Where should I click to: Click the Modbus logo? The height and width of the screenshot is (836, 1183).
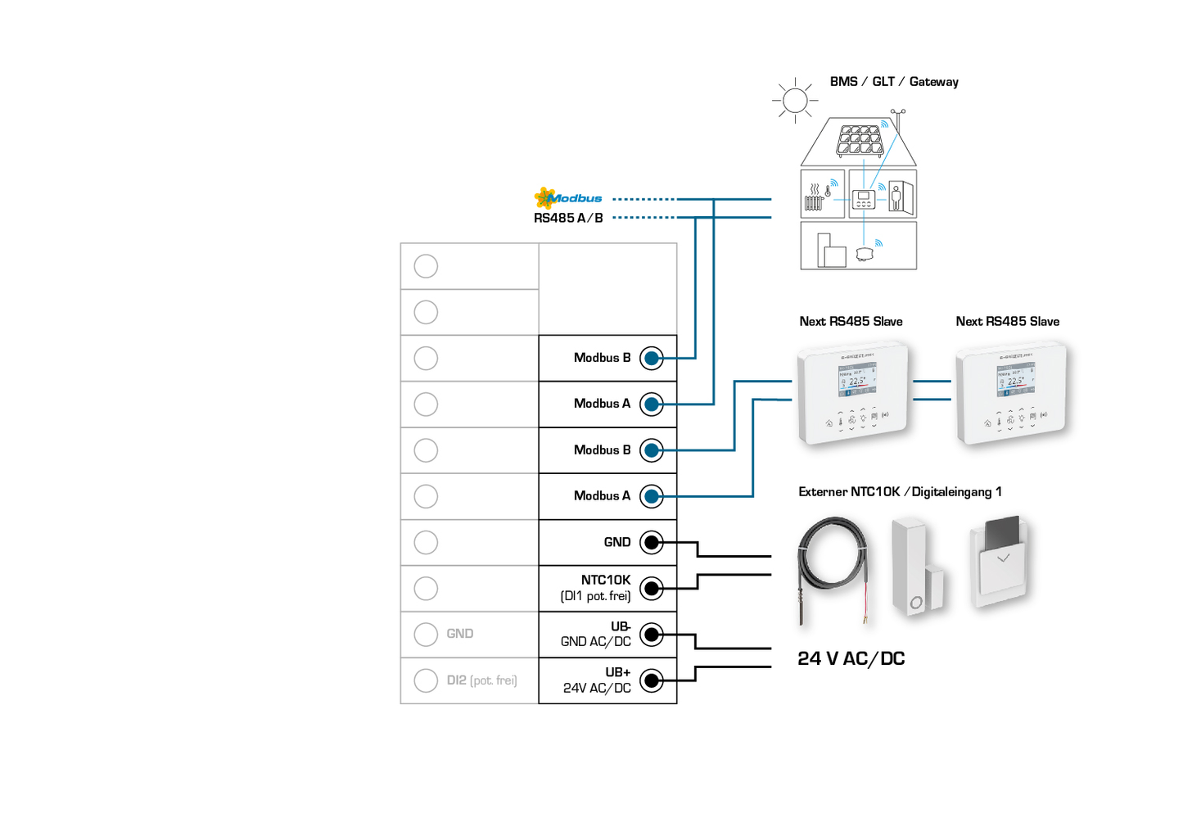pos(567,198)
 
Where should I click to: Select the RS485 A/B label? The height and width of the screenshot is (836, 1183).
pos(568,218)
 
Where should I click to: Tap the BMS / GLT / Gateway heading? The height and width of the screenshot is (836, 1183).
pos(893,82)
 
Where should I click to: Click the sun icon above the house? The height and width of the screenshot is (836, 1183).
pos(794,101)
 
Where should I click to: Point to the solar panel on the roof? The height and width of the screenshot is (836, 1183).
pos(860,140)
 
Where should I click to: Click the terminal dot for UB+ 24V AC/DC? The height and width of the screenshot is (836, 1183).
pos(652,680)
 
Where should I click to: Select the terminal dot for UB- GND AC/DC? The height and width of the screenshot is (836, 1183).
pos(652,635)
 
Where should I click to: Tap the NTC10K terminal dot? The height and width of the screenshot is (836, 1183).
pos(652,588)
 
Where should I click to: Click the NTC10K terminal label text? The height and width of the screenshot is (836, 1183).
pos(605,580)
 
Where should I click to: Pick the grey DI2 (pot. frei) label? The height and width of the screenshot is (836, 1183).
pos(481,680)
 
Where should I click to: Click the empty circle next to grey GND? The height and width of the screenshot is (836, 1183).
pos(426,635)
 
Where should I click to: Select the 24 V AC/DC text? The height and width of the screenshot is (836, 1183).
pos(851,659)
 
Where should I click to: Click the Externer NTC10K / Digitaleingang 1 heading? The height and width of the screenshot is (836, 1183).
pos(900,492)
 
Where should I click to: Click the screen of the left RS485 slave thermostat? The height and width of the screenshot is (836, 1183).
pos(856,380)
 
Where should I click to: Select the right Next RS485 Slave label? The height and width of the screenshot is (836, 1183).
pos(1007,322)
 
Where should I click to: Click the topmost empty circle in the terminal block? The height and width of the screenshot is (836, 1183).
pos(426,266)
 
